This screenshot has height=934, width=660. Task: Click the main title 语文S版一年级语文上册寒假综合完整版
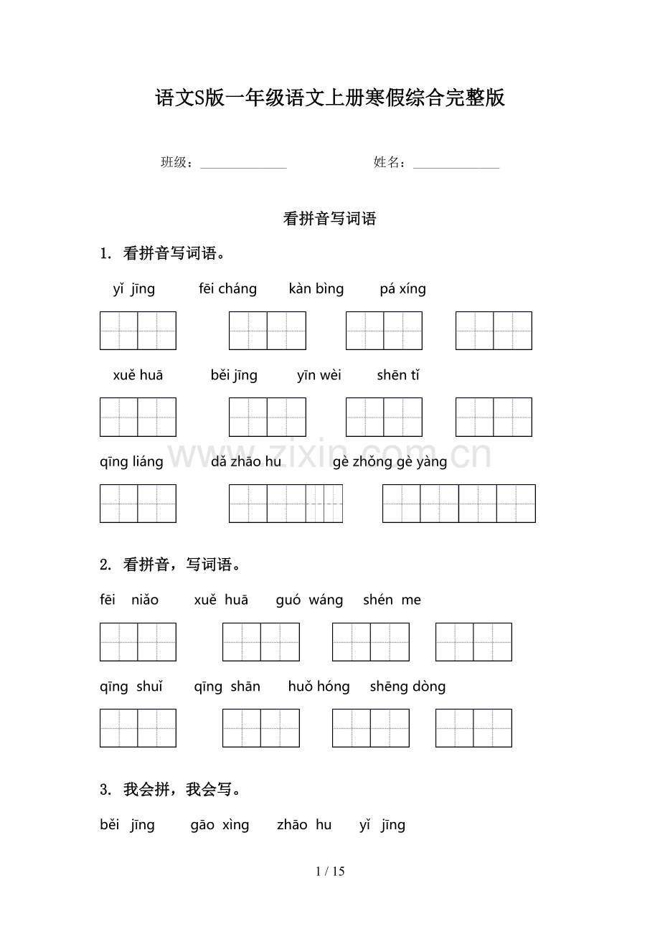(330, 98)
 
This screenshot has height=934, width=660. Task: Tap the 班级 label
(175, 163)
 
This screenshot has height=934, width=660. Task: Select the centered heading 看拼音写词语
(330, 220)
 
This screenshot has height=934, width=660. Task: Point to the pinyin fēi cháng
(227, 289)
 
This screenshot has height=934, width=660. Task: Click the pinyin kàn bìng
(316, 289)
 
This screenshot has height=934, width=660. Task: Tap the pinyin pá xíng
(402, 289)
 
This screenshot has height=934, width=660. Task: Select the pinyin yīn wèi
(319, 375)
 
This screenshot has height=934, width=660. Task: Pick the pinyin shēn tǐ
(398, 375)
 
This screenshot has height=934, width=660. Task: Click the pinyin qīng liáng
(131, 462)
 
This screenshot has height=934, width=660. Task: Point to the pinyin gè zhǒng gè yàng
(390, 462)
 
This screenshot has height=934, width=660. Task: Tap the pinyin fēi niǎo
(129, 600)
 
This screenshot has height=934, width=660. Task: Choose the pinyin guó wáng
(309, 600)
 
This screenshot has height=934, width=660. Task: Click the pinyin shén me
(392, 600)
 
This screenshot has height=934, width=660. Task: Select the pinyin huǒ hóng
(319, 687)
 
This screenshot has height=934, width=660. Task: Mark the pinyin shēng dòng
(407, 687)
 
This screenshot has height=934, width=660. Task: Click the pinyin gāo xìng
(220, 825)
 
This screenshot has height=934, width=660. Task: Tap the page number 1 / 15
(330, 872)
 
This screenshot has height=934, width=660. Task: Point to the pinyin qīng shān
(227, 687)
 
